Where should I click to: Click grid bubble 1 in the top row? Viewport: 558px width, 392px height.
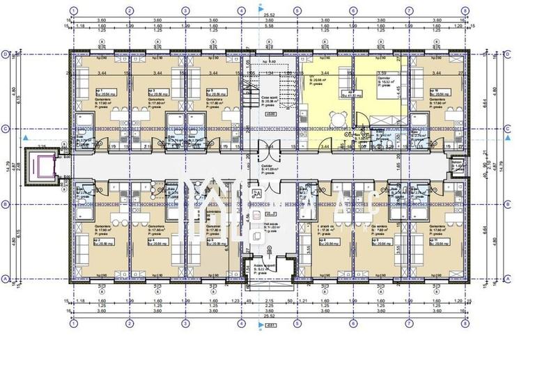tap(73, 11)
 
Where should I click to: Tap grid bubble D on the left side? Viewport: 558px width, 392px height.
tap(5, 54)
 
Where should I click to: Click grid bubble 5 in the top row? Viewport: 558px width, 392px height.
tap(297, 11)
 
